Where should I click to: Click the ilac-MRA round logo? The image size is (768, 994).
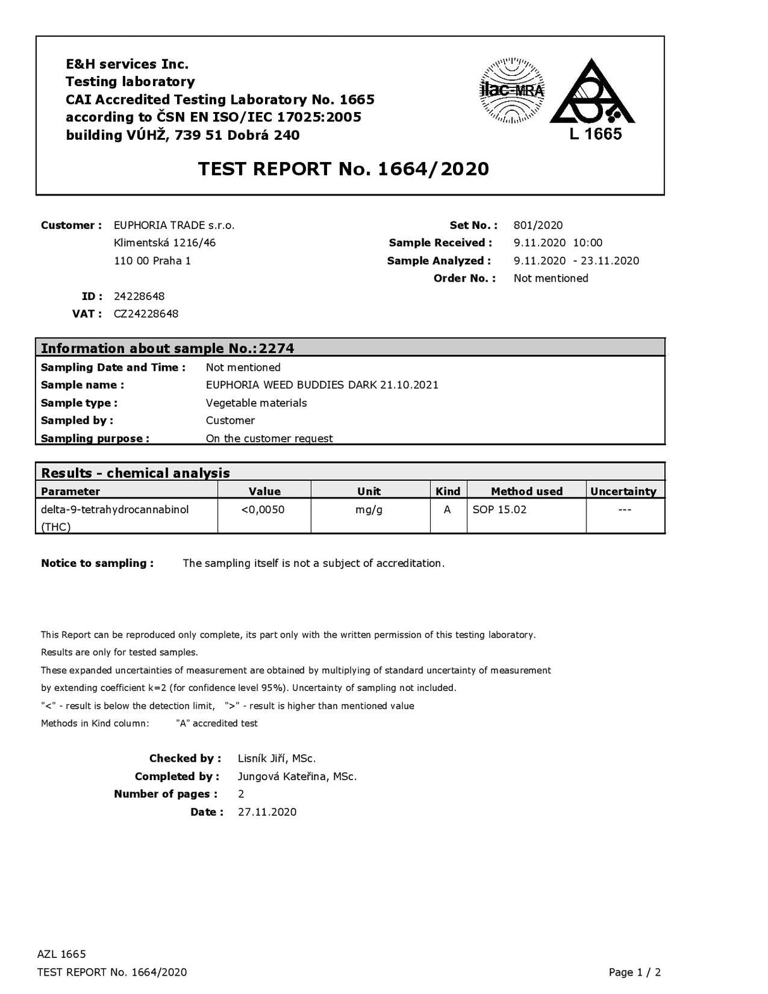tap(512, 90)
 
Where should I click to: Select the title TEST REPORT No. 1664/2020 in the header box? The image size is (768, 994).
tap(344, 169)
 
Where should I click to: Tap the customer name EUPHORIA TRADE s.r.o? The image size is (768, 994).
tap(174, 225)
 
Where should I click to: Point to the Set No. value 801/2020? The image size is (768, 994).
tap(538, 225)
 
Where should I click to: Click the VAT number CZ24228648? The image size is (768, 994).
tap(146, 314)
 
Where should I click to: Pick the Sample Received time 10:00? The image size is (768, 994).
tap(588, 243)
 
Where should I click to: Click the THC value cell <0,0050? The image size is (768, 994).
tap(263, 509)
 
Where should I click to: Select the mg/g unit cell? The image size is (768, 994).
tap(369, 509)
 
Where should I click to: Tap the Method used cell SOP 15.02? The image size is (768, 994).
tap(499, 509)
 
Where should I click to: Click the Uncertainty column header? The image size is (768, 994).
tap(623, 491)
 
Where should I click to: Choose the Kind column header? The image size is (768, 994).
tap(448, 491)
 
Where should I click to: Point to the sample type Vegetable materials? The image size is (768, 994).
tap(256, 403)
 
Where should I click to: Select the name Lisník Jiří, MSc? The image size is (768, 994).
tap(276, 759)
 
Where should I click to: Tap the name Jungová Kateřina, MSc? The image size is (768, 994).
tap(297, 776)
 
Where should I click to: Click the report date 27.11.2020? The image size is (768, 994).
tap(267, 812)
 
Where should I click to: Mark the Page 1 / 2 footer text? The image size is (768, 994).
tap(635, 972)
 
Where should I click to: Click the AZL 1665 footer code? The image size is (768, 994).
tap(61, 954)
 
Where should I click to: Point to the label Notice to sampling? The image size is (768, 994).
tap(97, 563)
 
